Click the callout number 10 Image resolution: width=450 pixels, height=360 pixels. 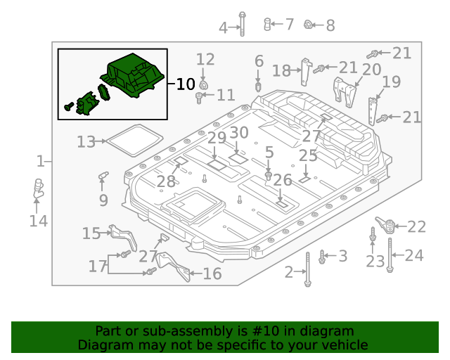pyautogui.click(x=185, y=84)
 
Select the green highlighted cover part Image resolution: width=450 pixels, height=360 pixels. pyautogui.click(x=135, y=76)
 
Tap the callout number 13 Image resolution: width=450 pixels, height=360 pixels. pyautogui.click(x=86, y=142)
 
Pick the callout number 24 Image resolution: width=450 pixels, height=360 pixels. pyautogui.click(x=414, y=255)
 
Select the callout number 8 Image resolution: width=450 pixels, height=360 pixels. pyautogui.click(x=330, y=26)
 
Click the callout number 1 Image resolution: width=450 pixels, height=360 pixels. pyautogui.click(x=41, y=162)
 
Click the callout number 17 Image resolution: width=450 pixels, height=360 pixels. pyautogui.click(x=97, y=266)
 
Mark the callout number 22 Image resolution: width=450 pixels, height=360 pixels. pyautogui.click(x=416, y=226)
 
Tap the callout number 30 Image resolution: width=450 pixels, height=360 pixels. pyautogui.click(x=239, y=132)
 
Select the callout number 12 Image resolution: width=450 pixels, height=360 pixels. pyautogui.click(x=205, y=59)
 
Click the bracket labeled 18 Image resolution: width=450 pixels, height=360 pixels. pyautogui.click(x=304, y=68)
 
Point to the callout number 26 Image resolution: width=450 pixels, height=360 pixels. pyautogui.click(x=282, y=180)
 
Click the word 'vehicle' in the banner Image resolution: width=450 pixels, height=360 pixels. pyautogui.click(x=343, y=345)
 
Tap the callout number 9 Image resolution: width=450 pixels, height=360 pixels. pyautogui.click(x=103, y=200)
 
